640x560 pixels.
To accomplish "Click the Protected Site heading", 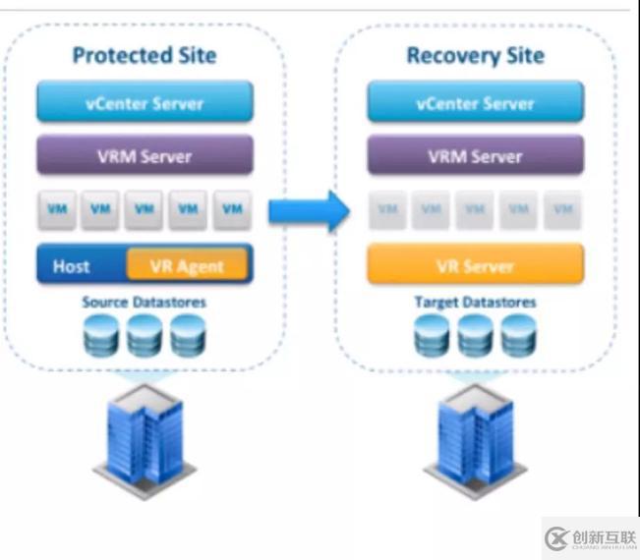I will pos(144,55).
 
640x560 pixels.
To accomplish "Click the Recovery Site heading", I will pos(475,55).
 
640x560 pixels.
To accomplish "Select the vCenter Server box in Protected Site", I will pos(145,102).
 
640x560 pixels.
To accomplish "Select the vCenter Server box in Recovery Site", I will pos(475,102).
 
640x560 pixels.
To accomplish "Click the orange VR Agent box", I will pos(187,265).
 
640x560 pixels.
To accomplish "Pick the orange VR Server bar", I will pos(475,264).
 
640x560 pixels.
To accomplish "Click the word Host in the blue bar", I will pos(72,266).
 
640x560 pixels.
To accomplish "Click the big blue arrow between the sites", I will pos(309,209).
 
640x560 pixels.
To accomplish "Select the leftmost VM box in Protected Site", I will pos(57,209).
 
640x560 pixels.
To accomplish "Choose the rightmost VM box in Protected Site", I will pos(232,209).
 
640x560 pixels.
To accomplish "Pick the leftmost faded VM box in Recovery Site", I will pos(387,209).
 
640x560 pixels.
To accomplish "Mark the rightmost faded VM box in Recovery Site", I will pos(562,209).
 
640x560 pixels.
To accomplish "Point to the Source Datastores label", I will pos(145,303).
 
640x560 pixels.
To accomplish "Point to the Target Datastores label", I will pos(475,303).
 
